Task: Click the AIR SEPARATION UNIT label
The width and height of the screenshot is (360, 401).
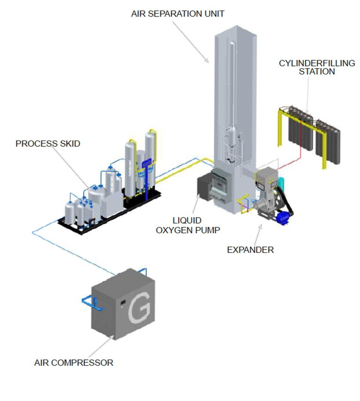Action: pos(178,14)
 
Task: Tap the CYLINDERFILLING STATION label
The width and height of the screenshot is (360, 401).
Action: pos(317,67)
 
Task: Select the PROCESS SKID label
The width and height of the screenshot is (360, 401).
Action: pos(48,143)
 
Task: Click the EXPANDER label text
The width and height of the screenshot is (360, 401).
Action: pos(250,250)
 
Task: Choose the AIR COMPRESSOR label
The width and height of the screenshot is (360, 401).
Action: pos(74,363)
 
